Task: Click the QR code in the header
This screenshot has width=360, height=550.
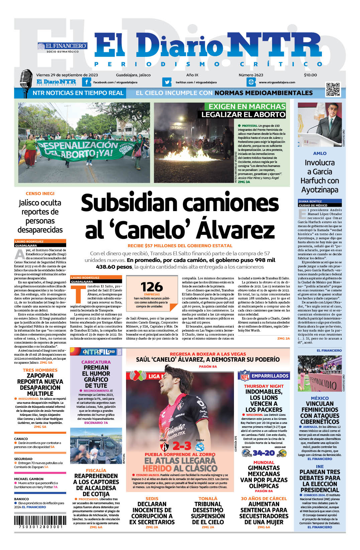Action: pyautogui.click(x=333, y=90)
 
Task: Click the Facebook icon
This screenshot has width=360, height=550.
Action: pyautogui.click(x=87, y=82)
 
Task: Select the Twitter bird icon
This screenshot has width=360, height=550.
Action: pyautogui.click(x=167, y=82)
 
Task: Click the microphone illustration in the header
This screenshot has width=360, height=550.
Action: pyautogui.click(x=26, y=83)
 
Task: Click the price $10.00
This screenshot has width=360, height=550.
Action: pyautogui.click(x=310, y=75)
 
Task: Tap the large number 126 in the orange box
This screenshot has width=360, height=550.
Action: pyautogui.click(x=152, y=287)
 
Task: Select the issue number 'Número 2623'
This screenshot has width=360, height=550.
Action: pyautogui.click(x=251, y=75)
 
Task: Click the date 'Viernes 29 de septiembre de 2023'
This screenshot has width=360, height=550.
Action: pyautogui.click(x=67, y=75)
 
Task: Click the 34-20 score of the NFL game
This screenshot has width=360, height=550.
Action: pyautogui.click(x=264, y=453)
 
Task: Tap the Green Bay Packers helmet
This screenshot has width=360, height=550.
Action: pyautogui.click(x=282, y=453)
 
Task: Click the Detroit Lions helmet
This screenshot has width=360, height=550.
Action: pyautogui.click(x=246, y=453)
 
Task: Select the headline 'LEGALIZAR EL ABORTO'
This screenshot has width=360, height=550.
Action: pyautogui.click(x=243, y=114)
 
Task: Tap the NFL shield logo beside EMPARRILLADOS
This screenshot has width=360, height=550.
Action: pyautogui.click(x=245, y=376)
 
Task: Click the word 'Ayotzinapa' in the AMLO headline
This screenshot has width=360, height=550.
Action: pyautogui.click(x=320, y=190)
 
